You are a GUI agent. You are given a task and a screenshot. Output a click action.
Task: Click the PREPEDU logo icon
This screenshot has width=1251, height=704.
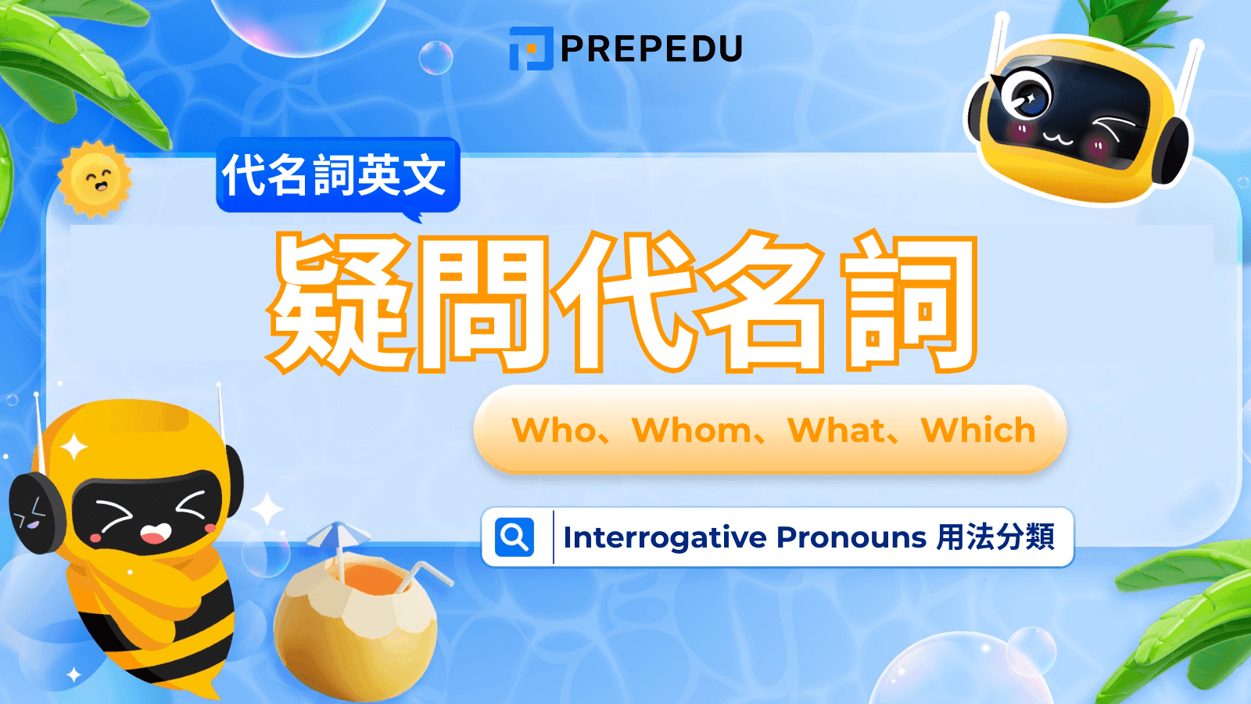(x=531, y=48)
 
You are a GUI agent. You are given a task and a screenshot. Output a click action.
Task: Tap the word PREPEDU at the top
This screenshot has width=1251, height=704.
(x=651, y=49)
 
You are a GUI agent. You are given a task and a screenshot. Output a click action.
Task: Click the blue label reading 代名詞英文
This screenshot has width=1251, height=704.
(x=336, y=174)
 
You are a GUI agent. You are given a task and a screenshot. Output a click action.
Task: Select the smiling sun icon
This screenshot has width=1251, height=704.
(x=95, y=179)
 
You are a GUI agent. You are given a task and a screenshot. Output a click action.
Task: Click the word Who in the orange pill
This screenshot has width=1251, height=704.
(x=554, y=431)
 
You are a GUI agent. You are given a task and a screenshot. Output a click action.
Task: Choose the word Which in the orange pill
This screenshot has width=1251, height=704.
(x=978, y=431)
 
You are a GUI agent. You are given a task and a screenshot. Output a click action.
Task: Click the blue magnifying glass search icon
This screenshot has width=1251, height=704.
(x=514, y=537)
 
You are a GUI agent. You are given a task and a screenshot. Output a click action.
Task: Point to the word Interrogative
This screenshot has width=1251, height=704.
(x=665, y=537)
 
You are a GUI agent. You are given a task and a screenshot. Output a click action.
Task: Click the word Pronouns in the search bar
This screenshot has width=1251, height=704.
(x=851, y=537)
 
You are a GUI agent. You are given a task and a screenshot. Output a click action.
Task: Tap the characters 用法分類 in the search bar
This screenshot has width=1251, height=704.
(x=996, y=537)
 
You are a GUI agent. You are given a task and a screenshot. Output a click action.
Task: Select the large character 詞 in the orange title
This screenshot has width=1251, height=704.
(x=909, y=302)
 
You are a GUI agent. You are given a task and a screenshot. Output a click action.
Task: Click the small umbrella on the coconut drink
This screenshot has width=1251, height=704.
(x=338, y=536)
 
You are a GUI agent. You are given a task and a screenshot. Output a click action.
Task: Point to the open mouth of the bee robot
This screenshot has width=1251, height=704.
(x=155, y=533)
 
